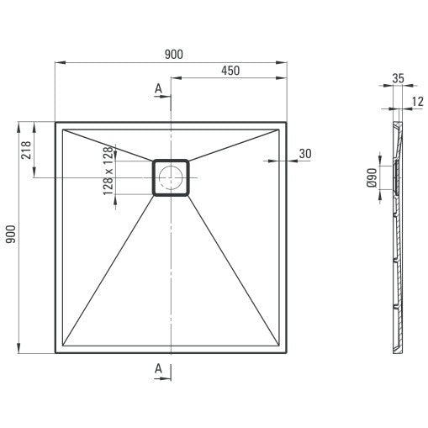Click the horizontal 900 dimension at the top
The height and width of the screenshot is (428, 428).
pos(174,55)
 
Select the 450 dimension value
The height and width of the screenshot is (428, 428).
pos(230,71)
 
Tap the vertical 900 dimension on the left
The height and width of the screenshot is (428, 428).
pos(11,235)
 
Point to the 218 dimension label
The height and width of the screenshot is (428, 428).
pos(26,150)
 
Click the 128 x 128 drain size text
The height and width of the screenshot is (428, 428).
pos(108,171)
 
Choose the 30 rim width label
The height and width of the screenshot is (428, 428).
pos(305,154)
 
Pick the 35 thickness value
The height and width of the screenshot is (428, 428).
pos(398,78)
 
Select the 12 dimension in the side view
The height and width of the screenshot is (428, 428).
pos(418,102)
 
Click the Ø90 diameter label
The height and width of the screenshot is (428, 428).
pos(372,177)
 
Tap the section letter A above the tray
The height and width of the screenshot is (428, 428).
pos(158,88)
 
